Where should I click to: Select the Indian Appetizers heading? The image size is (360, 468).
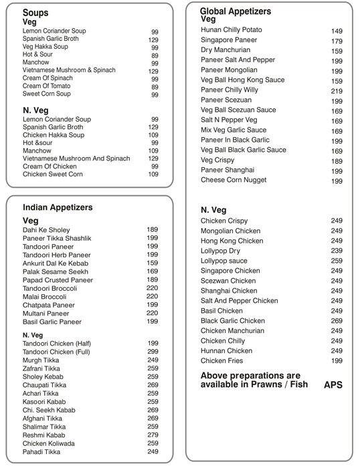pos(58,207)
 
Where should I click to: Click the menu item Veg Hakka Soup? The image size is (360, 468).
pos(45,48)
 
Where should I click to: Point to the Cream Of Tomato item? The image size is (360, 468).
pos(46,86)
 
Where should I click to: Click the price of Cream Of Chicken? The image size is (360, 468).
pos(153,166)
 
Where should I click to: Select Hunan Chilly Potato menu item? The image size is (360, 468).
pos(232,30)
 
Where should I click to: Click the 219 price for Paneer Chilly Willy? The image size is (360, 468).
pos(337,90)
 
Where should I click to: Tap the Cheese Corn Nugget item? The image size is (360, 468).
pos(234,181)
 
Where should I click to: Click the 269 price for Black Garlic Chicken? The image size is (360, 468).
pos(337,321)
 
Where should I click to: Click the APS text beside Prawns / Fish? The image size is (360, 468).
pos(333,385)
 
